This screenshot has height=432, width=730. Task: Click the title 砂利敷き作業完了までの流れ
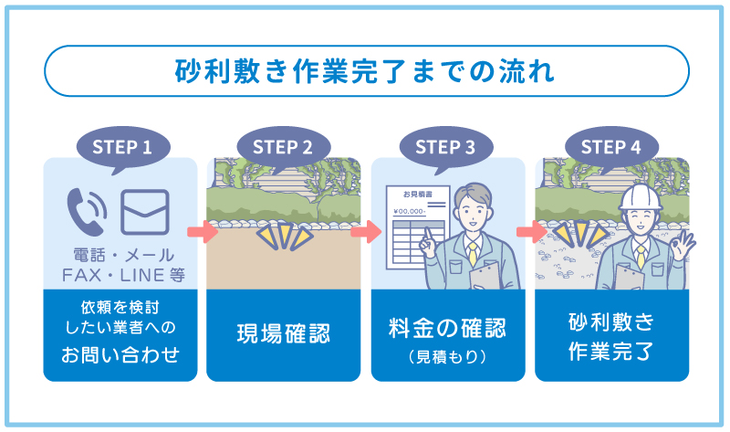tap(365, 70)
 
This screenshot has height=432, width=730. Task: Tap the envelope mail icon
tap(144, 210)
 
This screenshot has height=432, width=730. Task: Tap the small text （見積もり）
tap(447, 355)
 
